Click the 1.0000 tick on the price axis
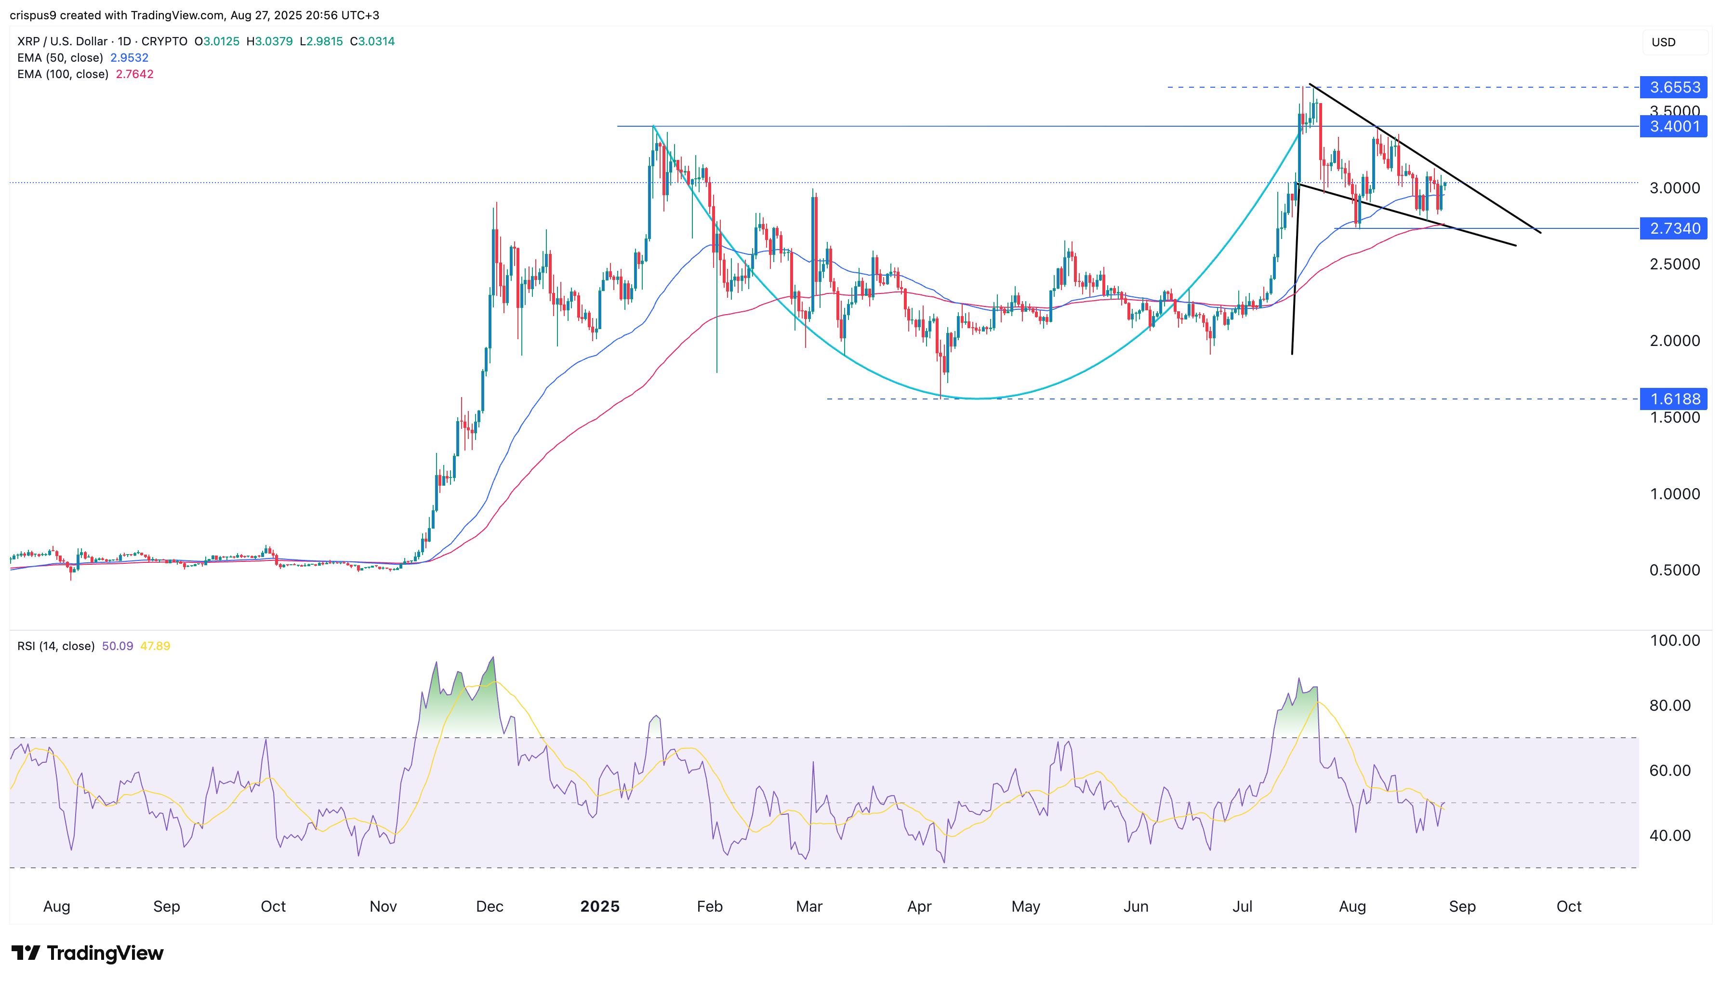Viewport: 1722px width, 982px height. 1674,494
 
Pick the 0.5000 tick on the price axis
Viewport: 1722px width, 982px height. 1674,570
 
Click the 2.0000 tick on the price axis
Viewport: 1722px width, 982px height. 1674,341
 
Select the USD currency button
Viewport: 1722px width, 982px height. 1663,42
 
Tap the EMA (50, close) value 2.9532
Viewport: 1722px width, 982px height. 130,58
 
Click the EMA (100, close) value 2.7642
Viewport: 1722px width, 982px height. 135,74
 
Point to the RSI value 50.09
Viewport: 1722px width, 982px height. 117,646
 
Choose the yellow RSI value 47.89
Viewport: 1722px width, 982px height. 155,646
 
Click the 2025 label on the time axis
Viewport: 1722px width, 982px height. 599,906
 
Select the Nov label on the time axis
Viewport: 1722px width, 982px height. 383,906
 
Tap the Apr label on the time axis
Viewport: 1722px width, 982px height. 919,906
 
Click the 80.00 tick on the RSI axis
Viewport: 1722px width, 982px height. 1669,705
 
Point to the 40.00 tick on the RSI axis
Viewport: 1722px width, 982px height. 1669,836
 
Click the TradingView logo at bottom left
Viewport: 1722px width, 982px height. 88,953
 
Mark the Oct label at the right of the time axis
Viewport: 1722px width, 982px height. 1568,906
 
